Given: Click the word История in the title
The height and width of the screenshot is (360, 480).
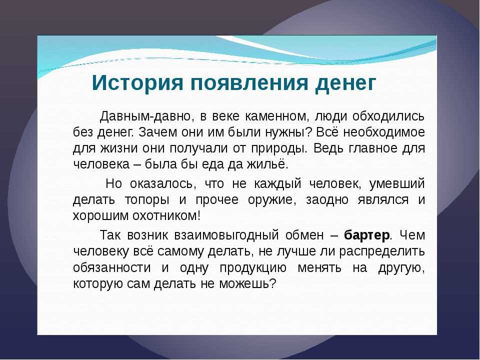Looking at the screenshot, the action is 137,82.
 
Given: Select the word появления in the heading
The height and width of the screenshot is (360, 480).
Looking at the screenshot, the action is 249,83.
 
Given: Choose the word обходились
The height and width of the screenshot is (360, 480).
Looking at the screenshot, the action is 388,117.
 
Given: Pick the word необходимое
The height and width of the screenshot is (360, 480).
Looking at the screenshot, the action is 384,132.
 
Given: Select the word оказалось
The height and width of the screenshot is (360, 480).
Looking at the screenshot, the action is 161,184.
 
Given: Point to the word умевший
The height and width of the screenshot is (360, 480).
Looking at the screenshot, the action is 397,184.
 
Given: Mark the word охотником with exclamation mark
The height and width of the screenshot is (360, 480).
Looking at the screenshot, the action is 166,216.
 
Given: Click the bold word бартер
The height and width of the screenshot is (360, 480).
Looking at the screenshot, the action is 366,235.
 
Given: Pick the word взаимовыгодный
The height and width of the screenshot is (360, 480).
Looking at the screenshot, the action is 226,235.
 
